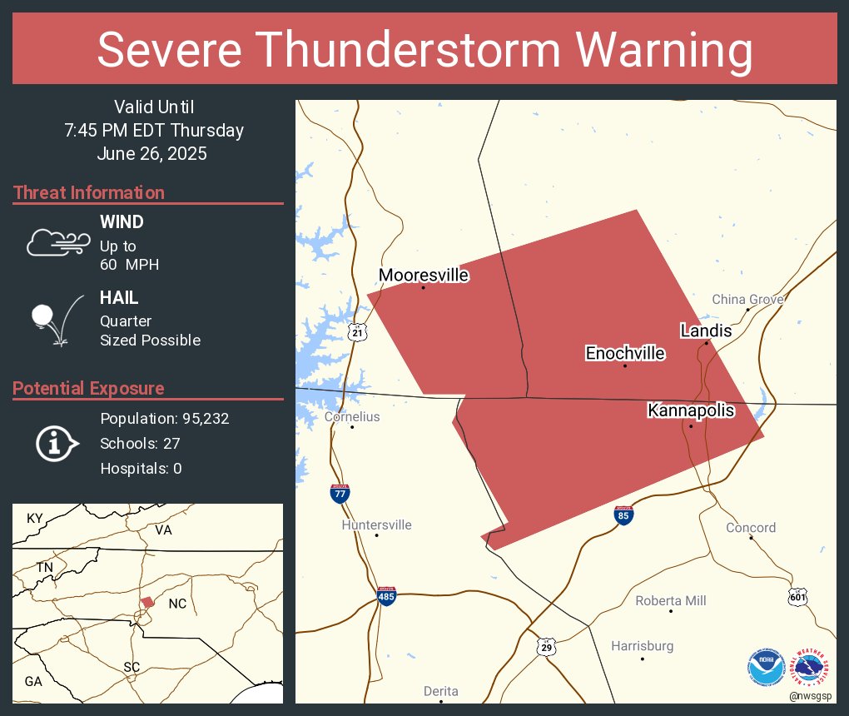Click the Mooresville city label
[x=424, y=276]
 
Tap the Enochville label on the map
[x=625, y=353]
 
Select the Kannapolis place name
[x=691, y=410]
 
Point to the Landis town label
[x=706, y=331]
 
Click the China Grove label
[x=747, y=300]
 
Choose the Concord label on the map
[x=750, y=528]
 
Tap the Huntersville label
[x=376, y=525]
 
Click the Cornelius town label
[x=352, y=416]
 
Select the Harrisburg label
[x=642, y=646]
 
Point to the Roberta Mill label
[x=671, y=601]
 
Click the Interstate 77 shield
[x=340, y=493]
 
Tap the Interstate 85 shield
[x=623, y=515]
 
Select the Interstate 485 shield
[x=386, y=595]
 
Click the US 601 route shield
[x=797, y=596]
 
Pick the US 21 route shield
[x=357, y=331]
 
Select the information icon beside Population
[x=56, y=444]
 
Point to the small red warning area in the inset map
[x=147, y=601]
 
